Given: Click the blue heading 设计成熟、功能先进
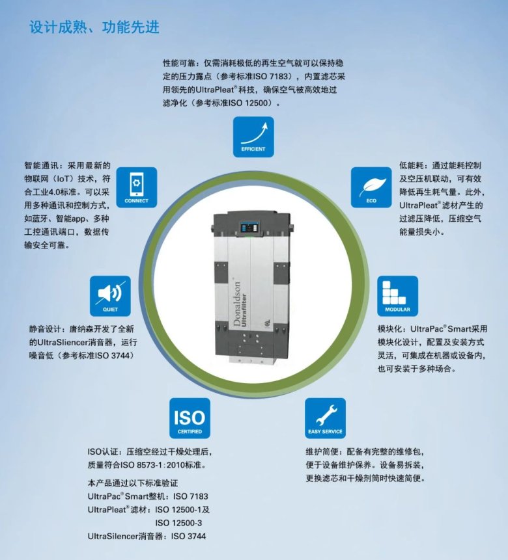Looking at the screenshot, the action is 94,27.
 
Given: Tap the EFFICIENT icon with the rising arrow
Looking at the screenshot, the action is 253,137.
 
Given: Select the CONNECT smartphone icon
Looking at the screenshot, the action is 136,187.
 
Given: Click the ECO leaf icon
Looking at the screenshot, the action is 371,187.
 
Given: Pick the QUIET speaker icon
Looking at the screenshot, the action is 110,296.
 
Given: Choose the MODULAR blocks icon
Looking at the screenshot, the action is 397,296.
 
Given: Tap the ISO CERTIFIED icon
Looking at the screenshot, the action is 190,418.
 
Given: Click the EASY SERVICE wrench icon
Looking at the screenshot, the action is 325,418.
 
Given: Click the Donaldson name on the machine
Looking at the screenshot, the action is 236,304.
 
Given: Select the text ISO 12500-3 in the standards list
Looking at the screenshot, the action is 178,523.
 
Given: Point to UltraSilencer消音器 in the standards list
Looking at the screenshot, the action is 126,536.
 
